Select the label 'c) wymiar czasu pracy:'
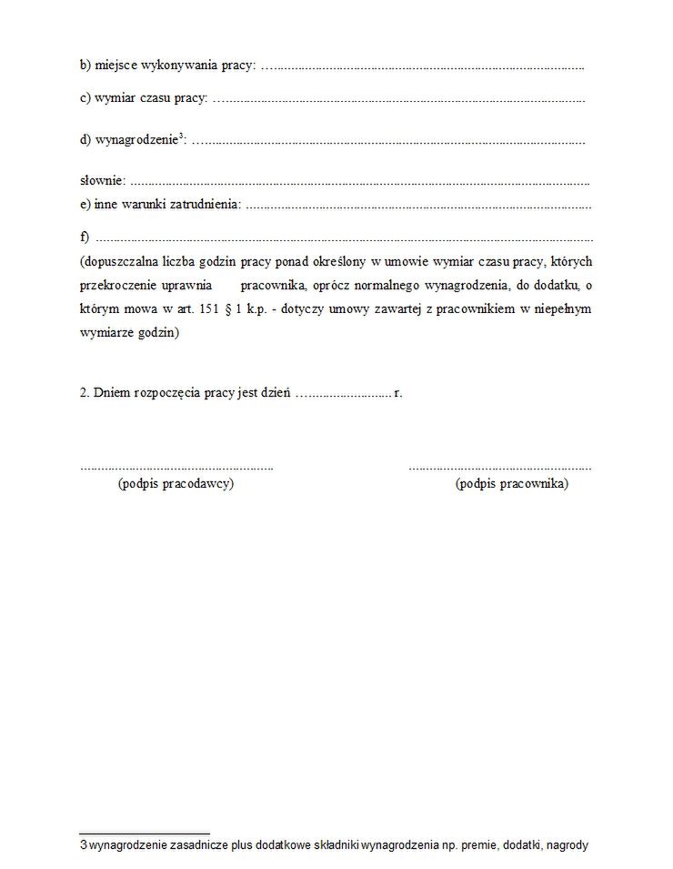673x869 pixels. pos(144,97)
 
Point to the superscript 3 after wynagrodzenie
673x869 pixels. pos(181,137)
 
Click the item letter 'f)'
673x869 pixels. pos(85,237)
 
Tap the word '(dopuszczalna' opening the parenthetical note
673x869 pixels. pos(117,262)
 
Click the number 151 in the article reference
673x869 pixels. pos(234,309)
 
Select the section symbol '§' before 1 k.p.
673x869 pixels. pos(253,309)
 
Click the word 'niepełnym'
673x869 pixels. pos(562,309)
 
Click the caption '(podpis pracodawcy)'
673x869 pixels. pos(176,484)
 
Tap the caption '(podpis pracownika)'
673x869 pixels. pos(511,484)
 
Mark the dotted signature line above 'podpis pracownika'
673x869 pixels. pos(499,467)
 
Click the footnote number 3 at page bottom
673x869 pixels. pos(83,845)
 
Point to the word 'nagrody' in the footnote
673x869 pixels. pos(568,845)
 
